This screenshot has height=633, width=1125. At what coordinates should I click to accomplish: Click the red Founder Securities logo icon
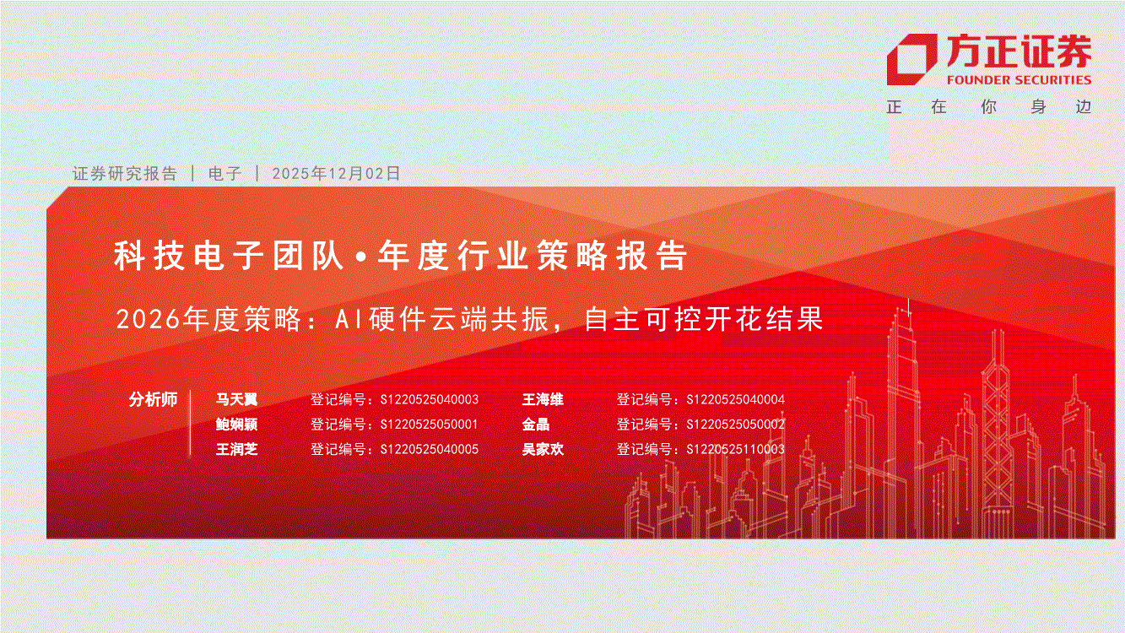[911, 59]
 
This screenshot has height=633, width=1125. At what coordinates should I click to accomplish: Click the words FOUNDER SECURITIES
[1019, 80]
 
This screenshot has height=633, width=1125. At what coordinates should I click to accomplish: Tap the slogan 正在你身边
[989, 107]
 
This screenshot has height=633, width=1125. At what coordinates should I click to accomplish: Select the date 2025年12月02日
[336, 173]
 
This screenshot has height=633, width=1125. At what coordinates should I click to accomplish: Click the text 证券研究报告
[125, 173]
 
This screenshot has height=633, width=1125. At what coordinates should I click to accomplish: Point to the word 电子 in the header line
[225, 173]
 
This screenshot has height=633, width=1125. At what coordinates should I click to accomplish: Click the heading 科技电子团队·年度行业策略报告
[400, 256]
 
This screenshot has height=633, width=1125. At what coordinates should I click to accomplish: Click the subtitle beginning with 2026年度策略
[469, 318]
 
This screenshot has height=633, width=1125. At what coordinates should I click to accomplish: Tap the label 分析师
[154, 399]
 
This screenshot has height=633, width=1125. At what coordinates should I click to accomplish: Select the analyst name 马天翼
[236, 399]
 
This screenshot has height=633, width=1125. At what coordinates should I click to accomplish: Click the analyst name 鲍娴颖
[236, 425]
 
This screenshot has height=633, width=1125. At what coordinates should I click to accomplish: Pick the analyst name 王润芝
[236, 449]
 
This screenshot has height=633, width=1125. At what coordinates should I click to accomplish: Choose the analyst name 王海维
[543, 399]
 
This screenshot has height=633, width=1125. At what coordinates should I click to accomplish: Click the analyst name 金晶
[536, 425]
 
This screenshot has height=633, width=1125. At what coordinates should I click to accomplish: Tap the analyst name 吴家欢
[543, 449]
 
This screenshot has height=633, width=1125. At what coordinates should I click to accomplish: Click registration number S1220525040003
[430, 399]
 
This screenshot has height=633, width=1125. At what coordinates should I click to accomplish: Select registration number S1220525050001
[430, 425]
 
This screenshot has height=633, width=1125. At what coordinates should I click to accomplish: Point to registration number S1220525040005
[430, 449]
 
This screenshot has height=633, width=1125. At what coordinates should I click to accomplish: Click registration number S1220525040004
[736, 399]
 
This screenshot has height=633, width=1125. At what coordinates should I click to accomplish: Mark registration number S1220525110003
[736, 449]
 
